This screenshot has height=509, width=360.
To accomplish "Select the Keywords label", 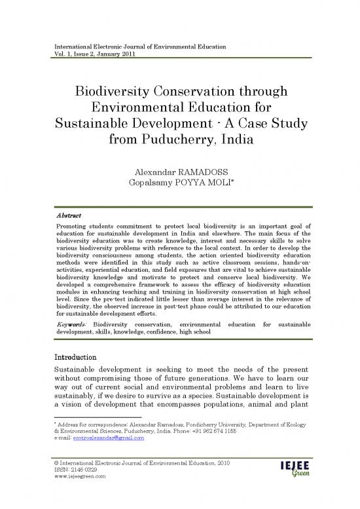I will [66, 324].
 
